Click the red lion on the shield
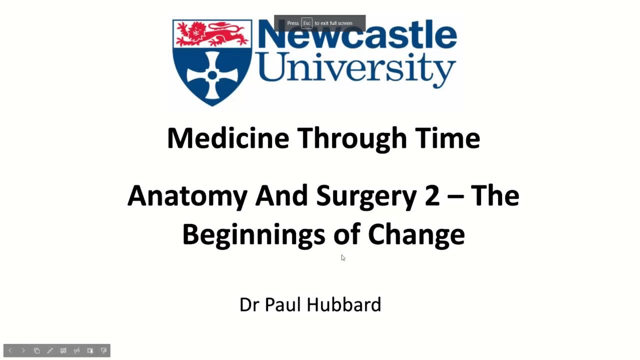point(212,34)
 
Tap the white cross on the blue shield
point(212,75)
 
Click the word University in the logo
point(357,70)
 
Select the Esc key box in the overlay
point(306,23)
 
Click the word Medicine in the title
point(228,138)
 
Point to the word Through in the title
point(352,140)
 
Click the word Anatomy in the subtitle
point(187,197)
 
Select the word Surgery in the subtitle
point(366,197)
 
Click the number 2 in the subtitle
point(432,195)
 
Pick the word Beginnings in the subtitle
point(253,236)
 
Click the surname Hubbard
point(344,304)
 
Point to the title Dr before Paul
point(249,305)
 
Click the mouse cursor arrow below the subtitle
point(343,257)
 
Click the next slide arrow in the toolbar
point(23,350)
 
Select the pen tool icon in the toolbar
point(50,350)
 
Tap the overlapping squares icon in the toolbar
point(36,350)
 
